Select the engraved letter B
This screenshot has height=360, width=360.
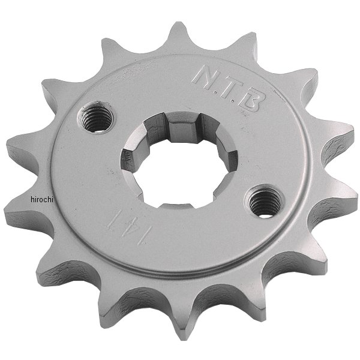[250, 100]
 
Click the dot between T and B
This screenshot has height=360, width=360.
[233, 100]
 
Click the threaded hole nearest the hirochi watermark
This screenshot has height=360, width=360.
[96, 118]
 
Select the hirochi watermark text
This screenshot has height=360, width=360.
[42, 200]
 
